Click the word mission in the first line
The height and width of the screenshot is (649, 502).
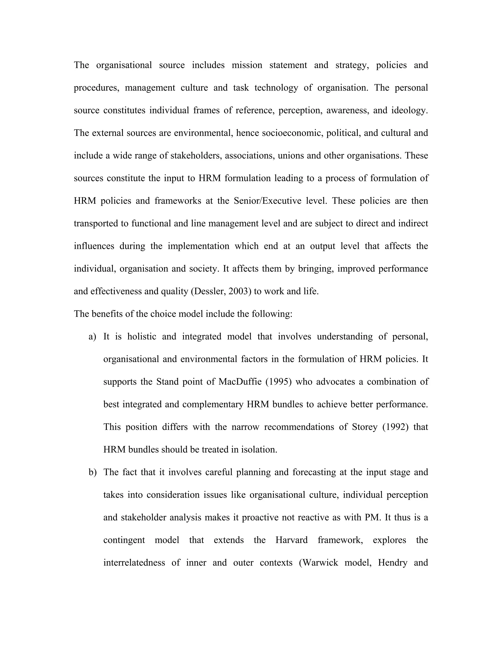[247, 65]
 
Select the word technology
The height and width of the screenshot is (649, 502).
[276, 88]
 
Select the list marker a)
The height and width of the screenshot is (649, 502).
[92, 337]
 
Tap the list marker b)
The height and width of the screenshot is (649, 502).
[92, 472]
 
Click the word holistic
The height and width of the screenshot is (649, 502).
[142, 337]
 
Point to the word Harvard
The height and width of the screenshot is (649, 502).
[291, 540]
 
